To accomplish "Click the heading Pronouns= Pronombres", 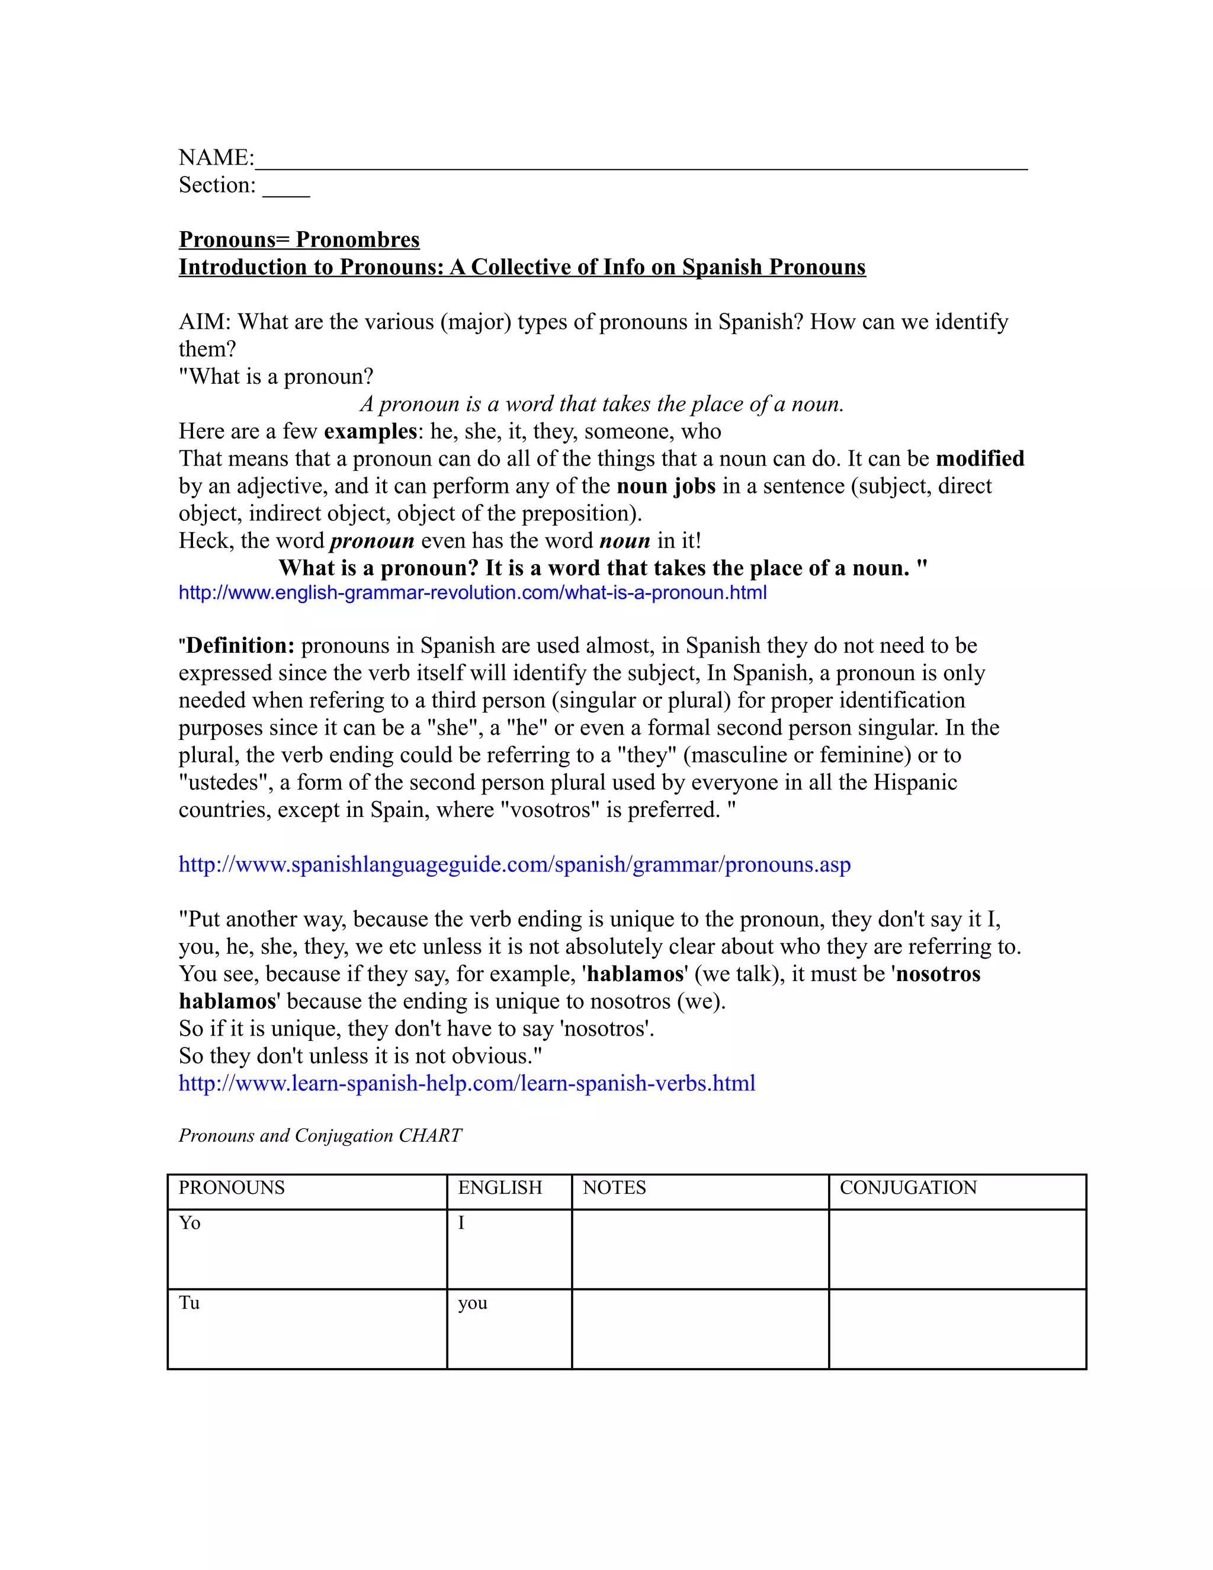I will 299,239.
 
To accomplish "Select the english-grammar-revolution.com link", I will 472,593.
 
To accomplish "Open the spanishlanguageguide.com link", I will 515,864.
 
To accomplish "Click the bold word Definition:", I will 240,646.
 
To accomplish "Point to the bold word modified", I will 980,459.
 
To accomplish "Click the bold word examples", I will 370,431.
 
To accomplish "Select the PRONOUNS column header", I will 232,1187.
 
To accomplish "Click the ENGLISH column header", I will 500,1187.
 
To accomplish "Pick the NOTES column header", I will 614,1187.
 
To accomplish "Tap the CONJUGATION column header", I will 909,1187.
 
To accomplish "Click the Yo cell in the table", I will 190,1223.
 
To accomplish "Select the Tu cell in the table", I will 189,1303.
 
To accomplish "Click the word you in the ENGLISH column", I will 473,1303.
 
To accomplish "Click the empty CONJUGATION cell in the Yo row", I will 957,1249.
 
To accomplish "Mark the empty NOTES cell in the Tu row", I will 700,1329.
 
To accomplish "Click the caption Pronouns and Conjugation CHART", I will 320,1136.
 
